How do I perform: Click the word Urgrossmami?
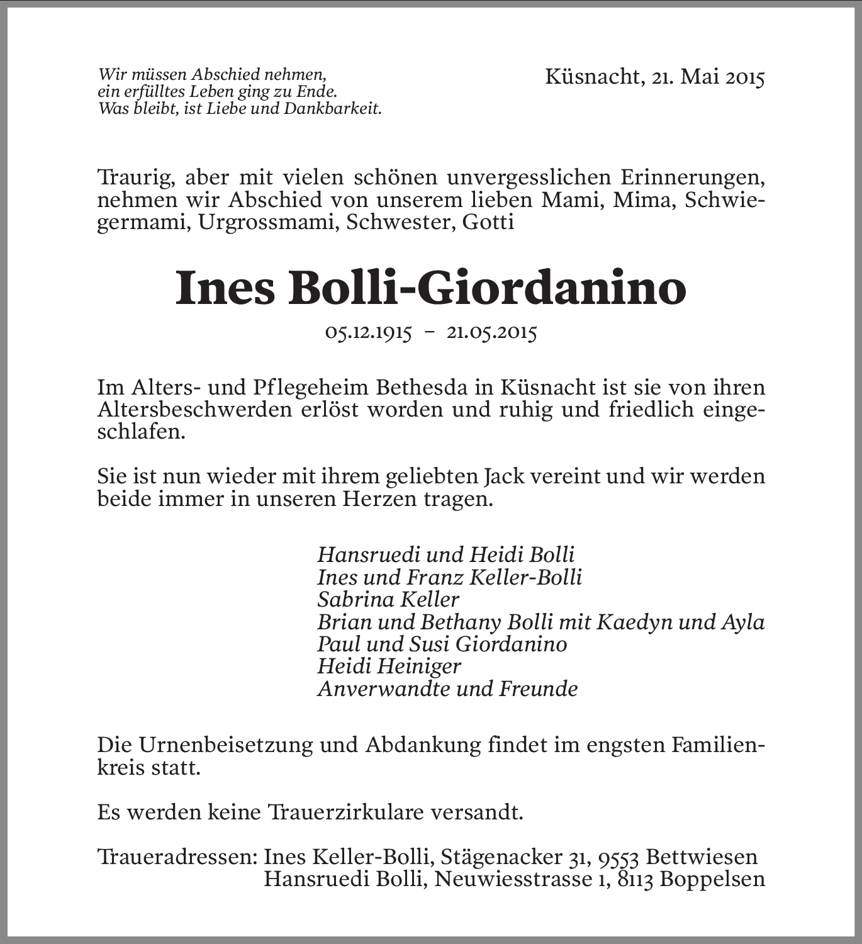click(267, 222)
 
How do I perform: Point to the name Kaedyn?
click(636, 622)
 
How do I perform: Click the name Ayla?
click(744, 622)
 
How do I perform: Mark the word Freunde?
click(538, 688)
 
